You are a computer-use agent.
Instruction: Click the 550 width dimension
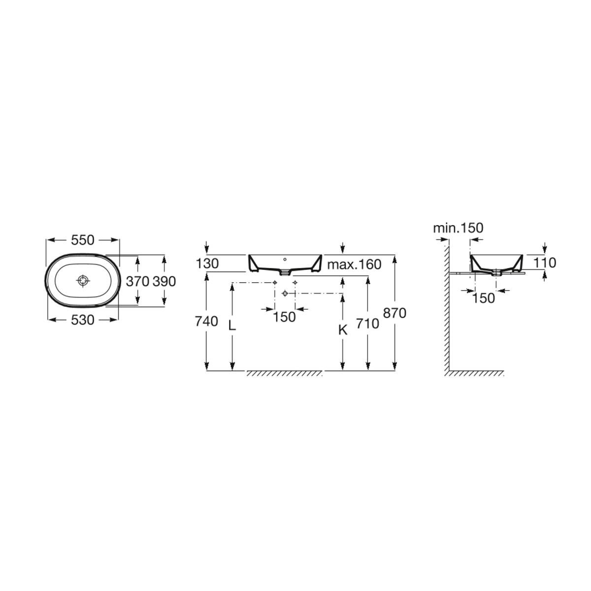click(83, 240)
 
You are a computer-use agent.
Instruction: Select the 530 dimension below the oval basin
click(83, 320)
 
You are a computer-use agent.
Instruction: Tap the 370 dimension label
click(138, 281)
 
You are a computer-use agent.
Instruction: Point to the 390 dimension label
click(164, 281)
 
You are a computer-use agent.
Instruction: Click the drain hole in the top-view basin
click(83, 280)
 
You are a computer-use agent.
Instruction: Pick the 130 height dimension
click(207, 263)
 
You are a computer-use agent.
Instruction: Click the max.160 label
click(354, 264)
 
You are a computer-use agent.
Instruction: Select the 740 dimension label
click(206, 322)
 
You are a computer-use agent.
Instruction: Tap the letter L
click(232, 326)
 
